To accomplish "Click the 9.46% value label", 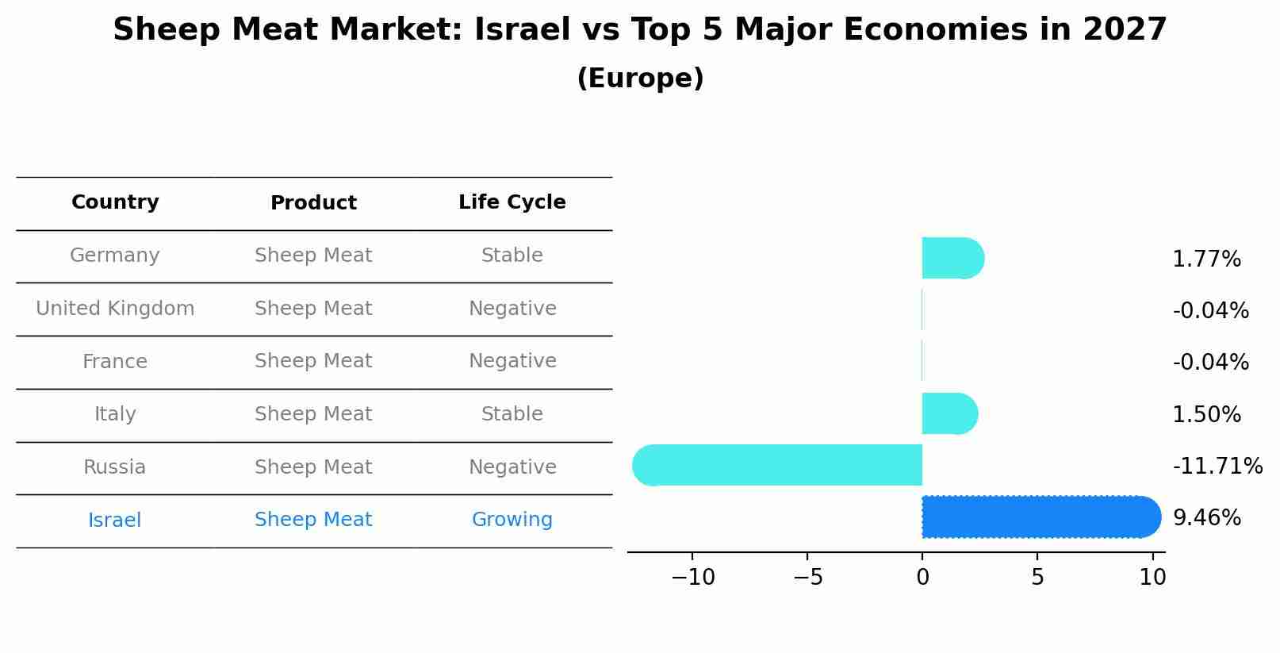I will click(x=1206, y=518).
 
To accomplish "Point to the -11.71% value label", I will click(x=1217, y=467).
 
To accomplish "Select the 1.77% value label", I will click(x=1206, y=259).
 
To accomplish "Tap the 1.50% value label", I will click(x=1206, y=415).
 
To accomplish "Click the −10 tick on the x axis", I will click(x=692, y=578).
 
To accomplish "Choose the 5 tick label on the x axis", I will click(x=1037, y=578).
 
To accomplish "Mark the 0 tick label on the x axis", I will click(x=922, y=578).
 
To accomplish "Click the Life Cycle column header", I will click(x=512, y=202).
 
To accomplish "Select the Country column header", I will click(x=115, y=202).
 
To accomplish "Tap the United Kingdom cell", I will click(x=115, y=309).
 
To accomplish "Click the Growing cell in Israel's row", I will click(x=512, y=520).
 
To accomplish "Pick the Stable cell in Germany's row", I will click(x=512, y=255).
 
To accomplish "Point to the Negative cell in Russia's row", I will click(x=512, y=467).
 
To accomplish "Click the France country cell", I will click(x=115, y=362).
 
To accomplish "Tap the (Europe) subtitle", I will click(x=640, y=79).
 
